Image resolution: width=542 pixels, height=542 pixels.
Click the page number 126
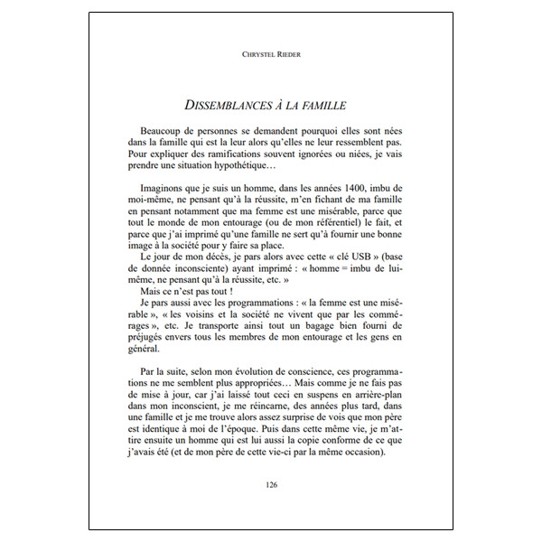coord(272,485)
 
